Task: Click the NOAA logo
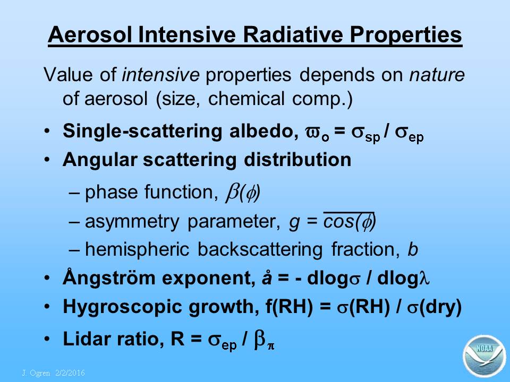click(x=484, y=356)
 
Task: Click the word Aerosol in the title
click(x=90, y=34)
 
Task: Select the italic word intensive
click(x=160, y=75)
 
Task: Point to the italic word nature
click(x=437, y=75)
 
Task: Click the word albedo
click(x=264, y=131)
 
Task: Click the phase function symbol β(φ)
click(x=243, y=193)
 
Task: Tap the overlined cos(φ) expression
click(x=350, y=221)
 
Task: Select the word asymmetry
click(x=132, y=222)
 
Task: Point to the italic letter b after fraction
click(x=412, y=249)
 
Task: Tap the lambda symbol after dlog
click(x=424, y=278)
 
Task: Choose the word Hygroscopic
click(x=122, y=307)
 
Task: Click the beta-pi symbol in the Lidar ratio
click(x=264, y=341)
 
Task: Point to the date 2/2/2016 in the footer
click(x=70, y=372)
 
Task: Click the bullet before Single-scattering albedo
click(x=47, y=131)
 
